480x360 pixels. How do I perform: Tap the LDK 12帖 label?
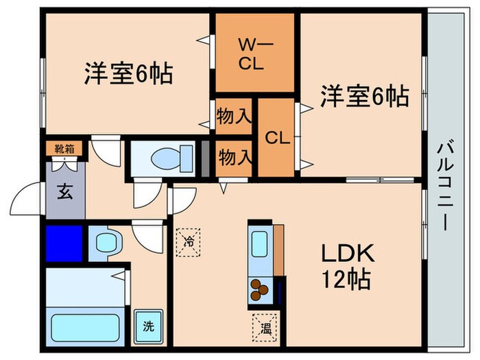point(348,267)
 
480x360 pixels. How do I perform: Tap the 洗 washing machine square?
point(148,327)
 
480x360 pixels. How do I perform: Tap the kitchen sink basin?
point(260,243)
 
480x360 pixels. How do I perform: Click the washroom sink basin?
point(106,242)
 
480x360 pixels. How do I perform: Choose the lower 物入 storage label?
point(233,157)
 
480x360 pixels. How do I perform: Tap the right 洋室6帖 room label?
point(364,97)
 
